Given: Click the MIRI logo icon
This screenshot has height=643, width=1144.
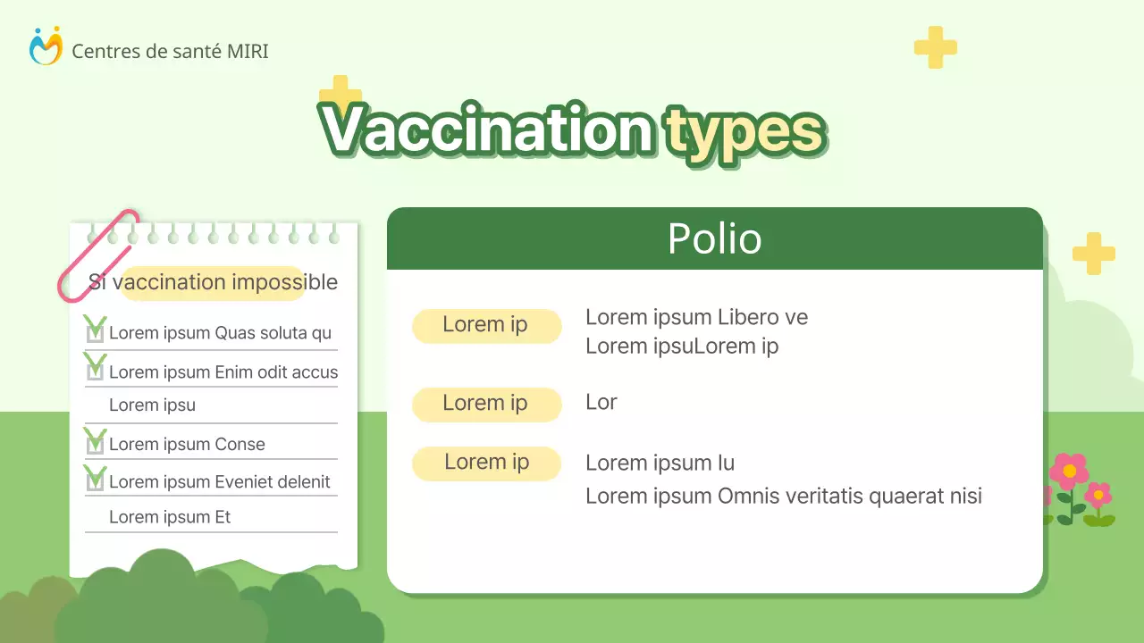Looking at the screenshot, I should click(46, 46).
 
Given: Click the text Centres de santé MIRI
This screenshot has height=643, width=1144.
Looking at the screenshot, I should click(170, 52).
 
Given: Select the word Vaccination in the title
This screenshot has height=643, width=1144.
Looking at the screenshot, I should click(486, 130).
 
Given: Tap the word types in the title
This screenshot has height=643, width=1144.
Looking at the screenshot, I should click(744, 132).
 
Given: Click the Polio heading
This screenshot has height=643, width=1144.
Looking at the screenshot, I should click(714, 239).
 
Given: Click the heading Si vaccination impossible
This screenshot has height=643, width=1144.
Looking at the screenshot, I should click(214, 282).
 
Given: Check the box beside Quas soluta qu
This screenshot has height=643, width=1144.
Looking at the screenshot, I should click(95, 332).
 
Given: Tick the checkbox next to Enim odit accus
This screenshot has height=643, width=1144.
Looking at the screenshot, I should click(95, 371).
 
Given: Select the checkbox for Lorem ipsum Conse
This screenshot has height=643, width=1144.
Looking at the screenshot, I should click(95, 444).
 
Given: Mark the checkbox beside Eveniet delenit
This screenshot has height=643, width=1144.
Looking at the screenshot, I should click(95, 481).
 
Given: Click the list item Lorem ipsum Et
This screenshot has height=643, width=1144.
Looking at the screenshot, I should click(170, 517).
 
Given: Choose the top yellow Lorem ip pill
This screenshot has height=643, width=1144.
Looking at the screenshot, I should click(486, 325).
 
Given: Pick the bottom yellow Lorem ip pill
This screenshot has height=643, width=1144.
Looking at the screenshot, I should click(486, 463).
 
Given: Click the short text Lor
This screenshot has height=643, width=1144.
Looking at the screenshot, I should click(601, 402).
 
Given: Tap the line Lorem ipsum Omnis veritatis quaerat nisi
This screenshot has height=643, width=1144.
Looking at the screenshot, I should click(783, 496).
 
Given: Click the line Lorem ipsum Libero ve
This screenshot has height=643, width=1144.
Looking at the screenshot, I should click(696, 317).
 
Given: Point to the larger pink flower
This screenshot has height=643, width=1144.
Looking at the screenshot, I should click(1069, 471).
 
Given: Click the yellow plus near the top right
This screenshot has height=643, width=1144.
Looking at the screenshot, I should click(935, 47).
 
